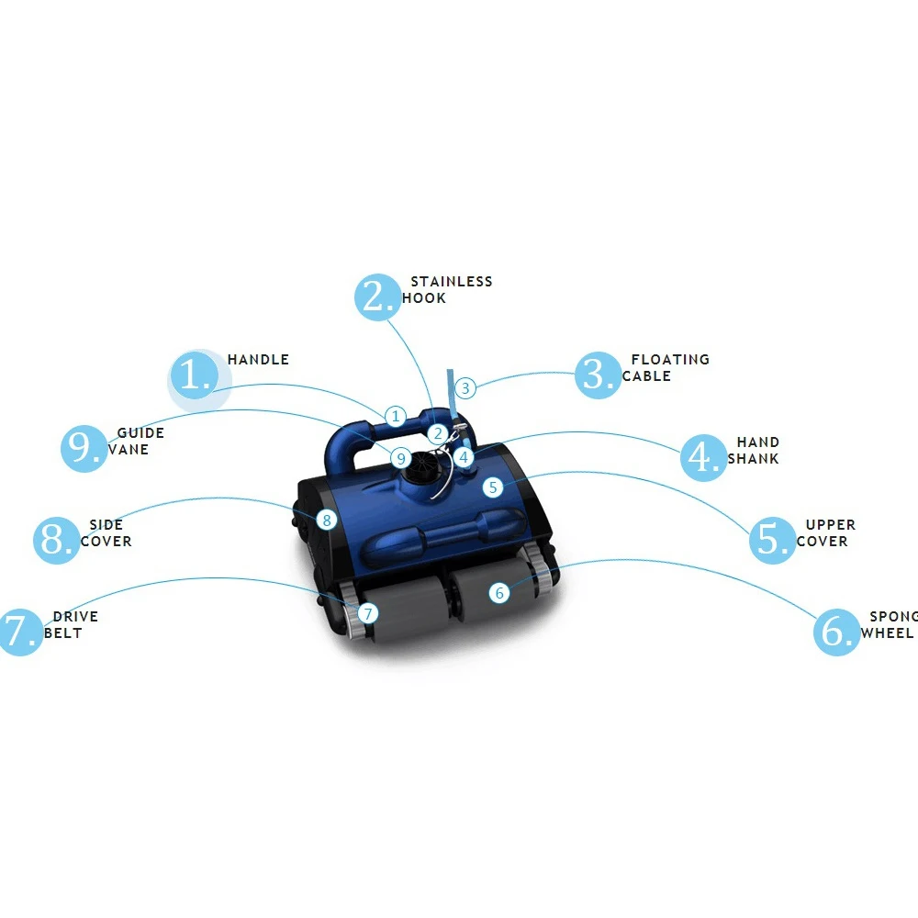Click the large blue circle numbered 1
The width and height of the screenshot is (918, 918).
(195, 375)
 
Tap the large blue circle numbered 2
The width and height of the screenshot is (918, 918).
(378, 297)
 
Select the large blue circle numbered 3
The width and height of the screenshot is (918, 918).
(598, 375)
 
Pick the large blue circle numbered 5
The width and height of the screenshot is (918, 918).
(772, 540)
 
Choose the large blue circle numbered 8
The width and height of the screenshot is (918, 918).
(56, 540)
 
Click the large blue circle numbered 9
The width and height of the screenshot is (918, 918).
(84, 448)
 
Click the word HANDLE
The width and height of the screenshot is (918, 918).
(258, 360)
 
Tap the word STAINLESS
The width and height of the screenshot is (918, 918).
(452, 282)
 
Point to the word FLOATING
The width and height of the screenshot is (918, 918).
(670, 360)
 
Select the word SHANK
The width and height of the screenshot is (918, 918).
(753, 458)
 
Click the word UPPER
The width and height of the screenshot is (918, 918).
(830, 525)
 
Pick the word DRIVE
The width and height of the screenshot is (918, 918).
(75, 617)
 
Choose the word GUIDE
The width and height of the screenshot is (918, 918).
(140, 433)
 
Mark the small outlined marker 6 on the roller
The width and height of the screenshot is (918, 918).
(499, 593)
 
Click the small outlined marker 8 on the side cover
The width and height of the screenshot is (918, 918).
(327, 520)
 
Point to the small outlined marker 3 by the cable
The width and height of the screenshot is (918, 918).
(465, 388)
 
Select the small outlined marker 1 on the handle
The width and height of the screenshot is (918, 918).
(396, 417)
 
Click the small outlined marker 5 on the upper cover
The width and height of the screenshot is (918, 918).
(493, 487)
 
